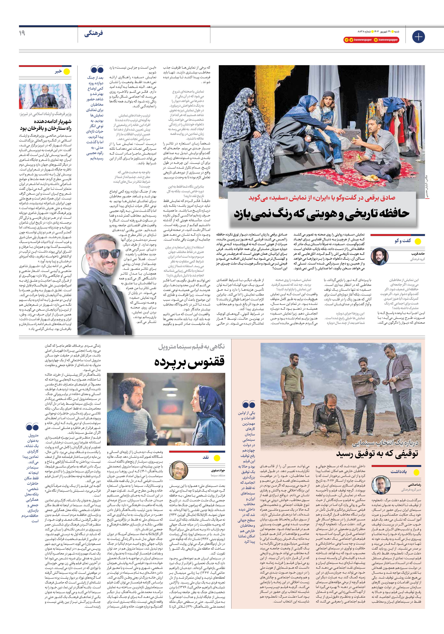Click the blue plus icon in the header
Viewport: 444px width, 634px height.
pyautogui.click(x=418, y=37)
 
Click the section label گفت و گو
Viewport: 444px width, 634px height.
pyautogui.click(x=403, y=241)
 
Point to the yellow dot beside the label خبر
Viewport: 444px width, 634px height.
pyautogui.click(x=67, y=72)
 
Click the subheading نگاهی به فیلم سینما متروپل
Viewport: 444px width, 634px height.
pyautogui.click(x=191, y=347)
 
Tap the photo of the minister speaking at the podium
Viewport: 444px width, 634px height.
pyautogui.click(x=45, y=96)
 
